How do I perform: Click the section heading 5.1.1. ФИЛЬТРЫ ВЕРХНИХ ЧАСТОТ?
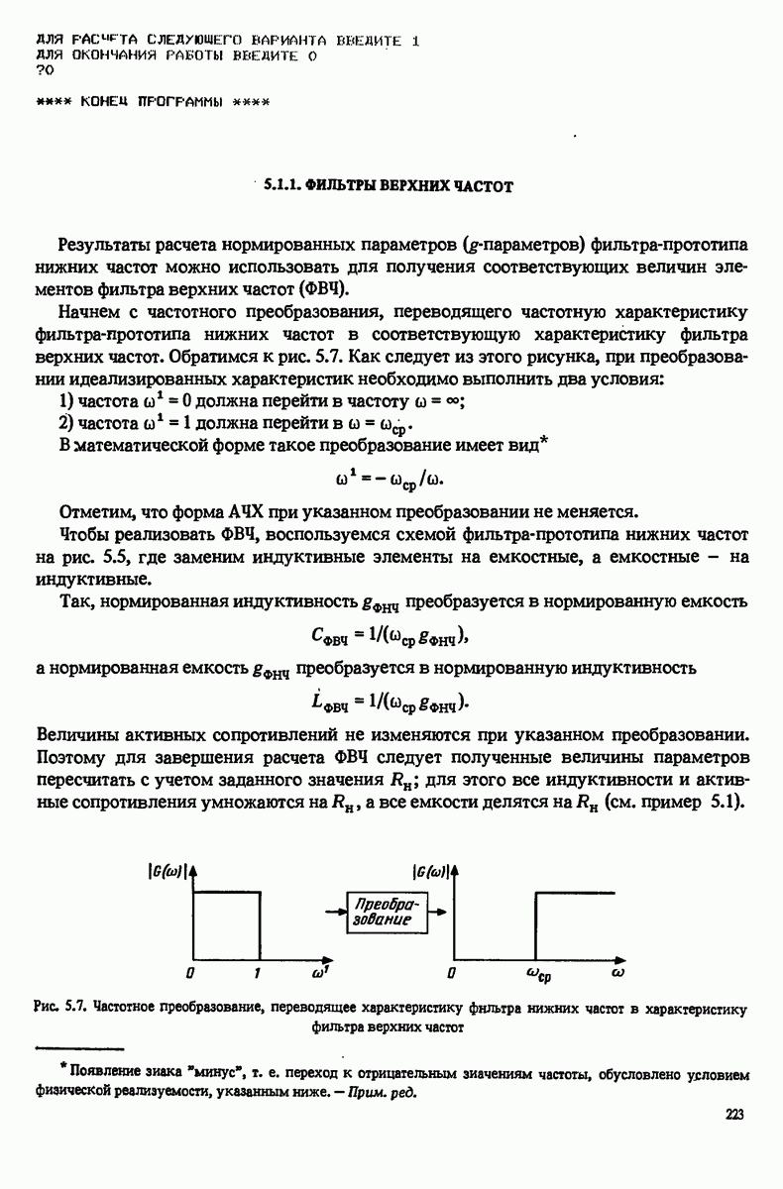coord(388,185)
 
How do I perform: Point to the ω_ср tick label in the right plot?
coord(538,976)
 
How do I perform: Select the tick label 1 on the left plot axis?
coord(257,974)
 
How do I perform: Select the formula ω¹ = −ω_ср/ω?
coord(391,480)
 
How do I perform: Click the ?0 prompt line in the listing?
coord(44,71)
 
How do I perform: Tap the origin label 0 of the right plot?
coord(452,974)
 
